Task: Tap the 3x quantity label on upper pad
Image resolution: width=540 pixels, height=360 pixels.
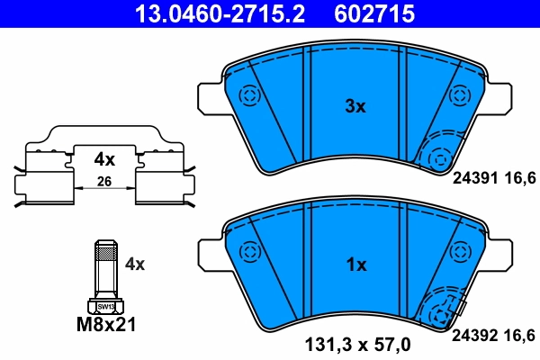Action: tap(356, 106)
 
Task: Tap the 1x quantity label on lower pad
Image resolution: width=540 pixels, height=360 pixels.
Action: tap(356, 265)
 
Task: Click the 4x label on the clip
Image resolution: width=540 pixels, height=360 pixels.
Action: tap(105, 159)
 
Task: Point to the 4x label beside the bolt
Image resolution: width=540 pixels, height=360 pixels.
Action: tap(135, 264)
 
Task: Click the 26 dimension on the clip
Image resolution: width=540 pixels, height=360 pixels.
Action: tap(105, 183)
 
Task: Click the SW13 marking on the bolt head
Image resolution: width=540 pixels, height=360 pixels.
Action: tap(105, 306)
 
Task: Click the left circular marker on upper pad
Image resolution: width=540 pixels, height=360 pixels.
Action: tap(247, 94)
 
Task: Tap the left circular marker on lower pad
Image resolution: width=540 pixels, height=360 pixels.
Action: tap(247, 253)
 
